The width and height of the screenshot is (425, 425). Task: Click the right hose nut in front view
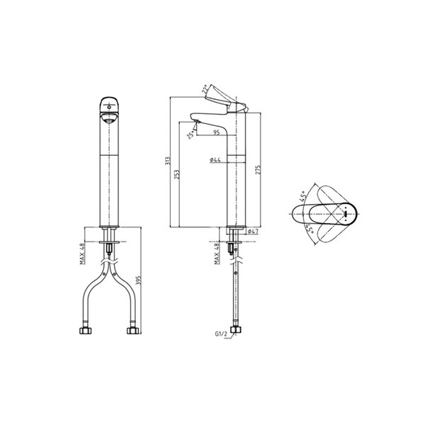click(132, 330)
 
